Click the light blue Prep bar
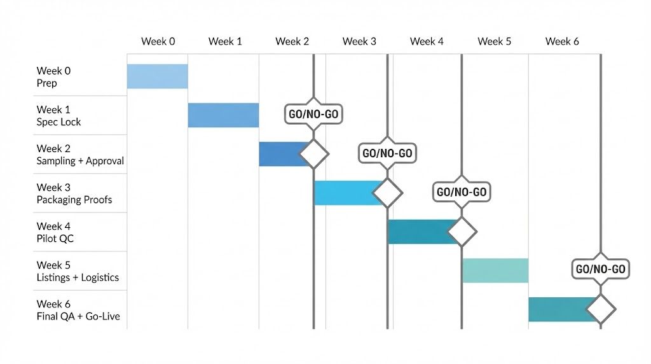coord(157,76)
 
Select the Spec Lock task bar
coord(223,115)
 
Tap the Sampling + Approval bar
coord(283,154)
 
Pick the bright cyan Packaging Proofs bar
coord(346,193)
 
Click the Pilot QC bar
coord(420,232)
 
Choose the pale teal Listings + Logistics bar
coord(495,270)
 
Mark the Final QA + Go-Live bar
coord(559,309)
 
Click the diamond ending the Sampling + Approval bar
coord(313,154)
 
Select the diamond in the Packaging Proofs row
coord(387,193)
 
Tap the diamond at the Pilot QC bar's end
coord(462,232)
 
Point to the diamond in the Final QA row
coord(601,310)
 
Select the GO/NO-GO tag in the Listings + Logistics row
coord(601,269)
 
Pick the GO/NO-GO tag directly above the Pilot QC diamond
coord(462,192)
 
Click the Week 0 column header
coord(158,41)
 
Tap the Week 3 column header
coord(359,41)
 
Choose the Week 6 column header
coord(562,41)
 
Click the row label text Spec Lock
coord(59,122)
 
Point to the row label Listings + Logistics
coord(78,277)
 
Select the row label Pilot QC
coord(55,239)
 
